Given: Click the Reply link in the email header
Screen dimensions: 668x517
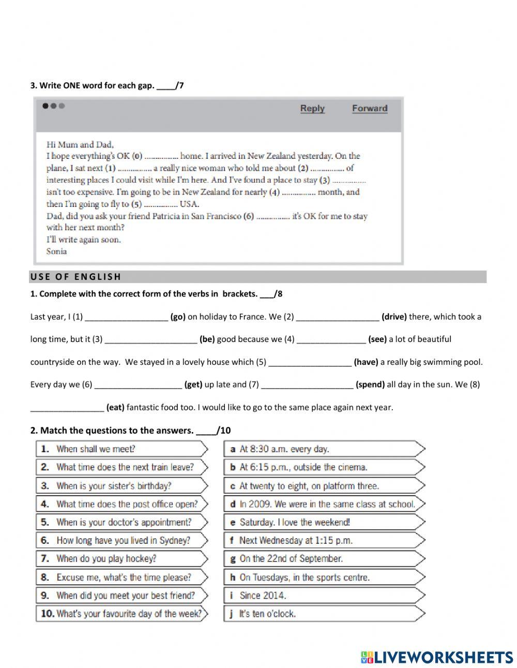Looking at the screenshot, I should (x=312, y=108).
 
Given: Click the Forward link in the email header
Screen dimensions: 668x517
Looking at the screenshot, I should (x=370, y=108).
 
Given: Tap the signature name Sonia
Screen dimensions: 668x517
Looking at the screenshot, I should (x=56, y=251).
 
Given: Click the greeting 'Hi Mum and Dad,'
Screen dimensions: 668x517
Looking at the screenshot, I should (x=80, y=144).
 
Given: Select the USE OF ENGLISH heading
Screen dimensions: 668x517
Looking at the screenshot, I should (x=75, y=277).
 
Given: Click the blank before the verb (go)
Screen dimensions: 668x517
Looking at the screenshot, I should (x=126, y=317).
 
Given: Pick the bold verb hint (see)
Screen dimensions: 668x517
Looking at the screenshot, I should (x=377, y=339).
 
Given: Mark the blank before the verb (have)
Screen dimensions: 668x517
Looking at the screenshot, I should (x=310, y=362).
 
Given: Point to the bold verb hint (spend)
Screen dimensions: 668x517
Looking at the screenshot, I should (x=370, y=384).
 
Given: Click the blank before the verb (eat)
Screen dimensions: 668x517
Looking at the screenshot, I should (x=67, y=408).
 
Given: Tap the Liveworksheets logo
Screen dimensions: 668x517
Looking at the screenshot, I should (x=437, y=657).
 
